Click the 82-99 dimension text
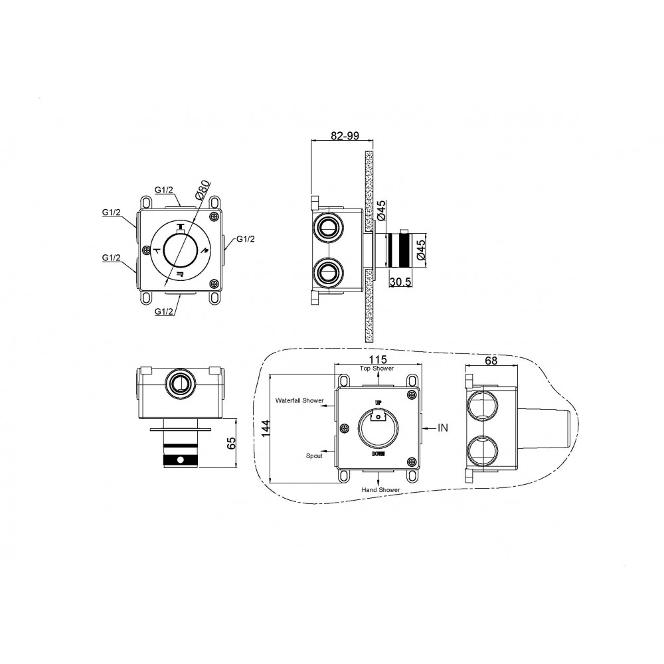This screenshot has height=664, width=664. (x=345, y=135)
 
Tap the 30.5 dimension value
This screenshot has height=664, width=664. (x=400, y=282)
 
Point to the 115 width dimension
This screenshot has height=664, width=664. (x=378, y=359)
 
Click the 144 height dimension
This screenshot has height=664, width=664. (x=266, y=429)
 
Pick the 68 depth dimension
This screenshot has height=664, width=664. (x=491, y=361)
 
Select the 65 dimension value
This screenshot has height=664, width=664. (x=231, y=444)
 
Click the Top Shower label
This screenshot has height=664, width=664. (x=376, y=369)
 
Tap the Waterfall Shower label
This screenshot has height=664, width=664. (x=299, y=400)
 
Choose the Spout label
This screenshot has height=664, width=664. (x=314, y=456)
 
